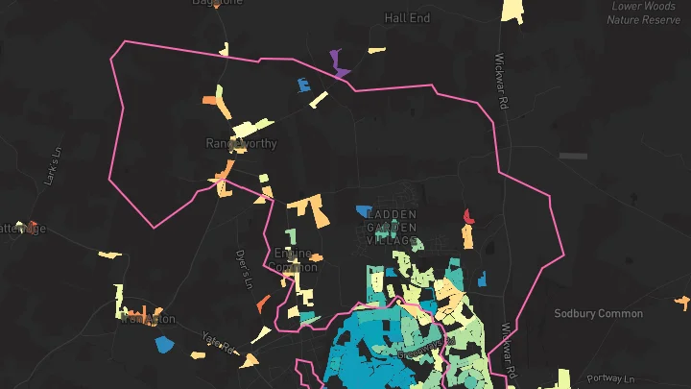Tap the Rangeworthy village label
point(241,143)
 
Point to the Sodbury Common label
point(598,313)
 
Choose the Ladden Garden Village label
point(392,227)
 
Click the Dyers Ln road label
point(244,268)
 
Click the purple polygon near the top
point(339,64)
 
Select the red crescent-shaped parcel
point(467,217)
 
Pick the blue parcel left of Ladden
point(363,210)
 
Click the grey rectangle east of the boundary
point(573,155)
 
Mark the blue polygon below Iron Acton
point(164,343)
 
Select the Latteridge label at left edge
point(21,228)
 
